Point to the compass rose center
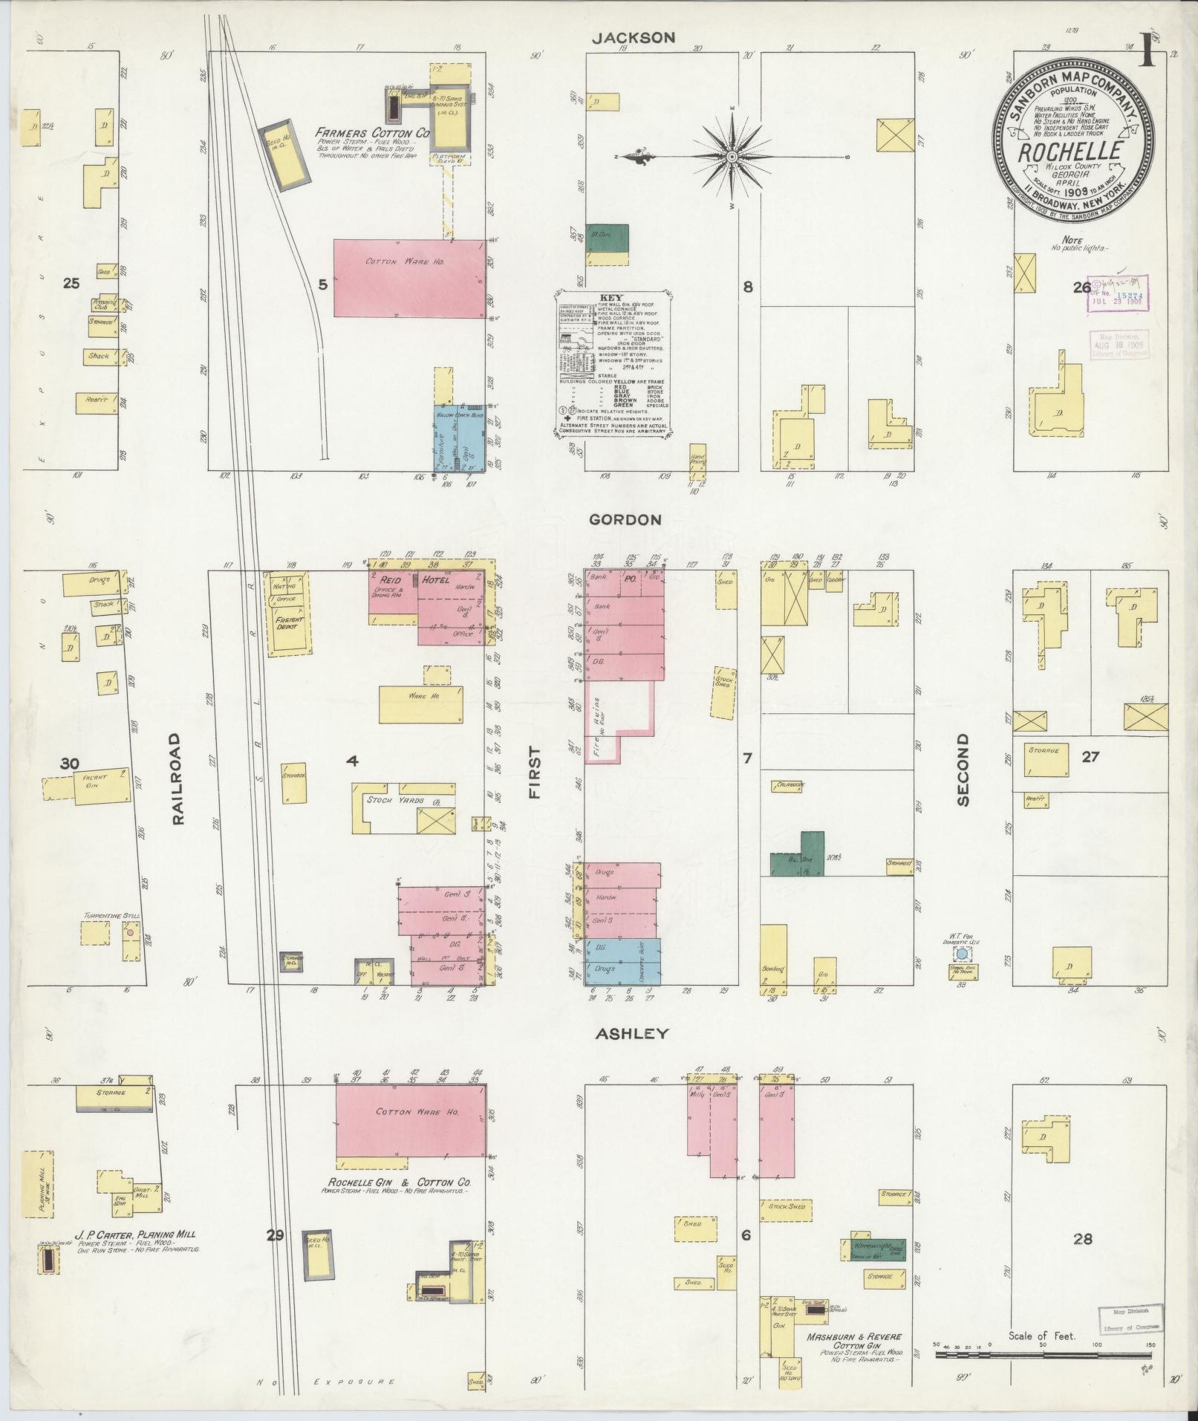(732, 157)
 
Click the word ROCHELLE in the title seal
(1070, 152)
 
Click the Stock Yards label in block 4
(394, 801)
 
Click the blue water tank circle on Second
(962, 953)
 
